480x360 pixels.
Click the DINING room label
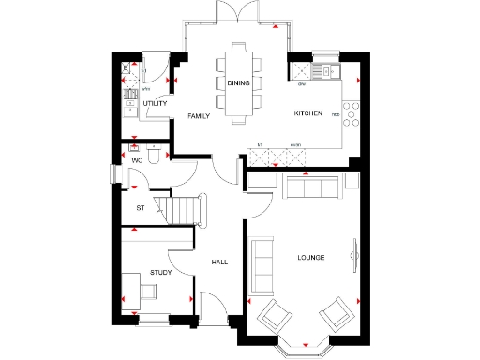(x=238, y=83)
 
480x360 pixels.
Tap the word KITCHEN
(x=308, y=113)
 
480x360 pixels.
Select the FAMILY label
(x=198, y=116)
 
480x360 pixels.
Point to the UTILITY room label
(x=155, y=104)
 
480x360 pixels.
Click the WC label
(x=136, y=161)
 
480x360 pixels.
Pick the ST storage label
(x=141, y=207)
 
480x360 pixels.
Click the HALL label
(x=219, y=262)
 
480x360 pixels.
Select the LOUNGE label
(x=310, y=257)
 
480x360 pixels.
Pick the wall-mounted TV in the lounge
(x=354, y=252)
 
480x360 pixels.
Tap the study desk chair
(x=146, y=291)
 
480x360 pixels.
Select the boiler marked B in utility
(x=126, y=68)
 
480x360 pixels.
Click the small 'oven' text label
(x=295, y=144)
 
